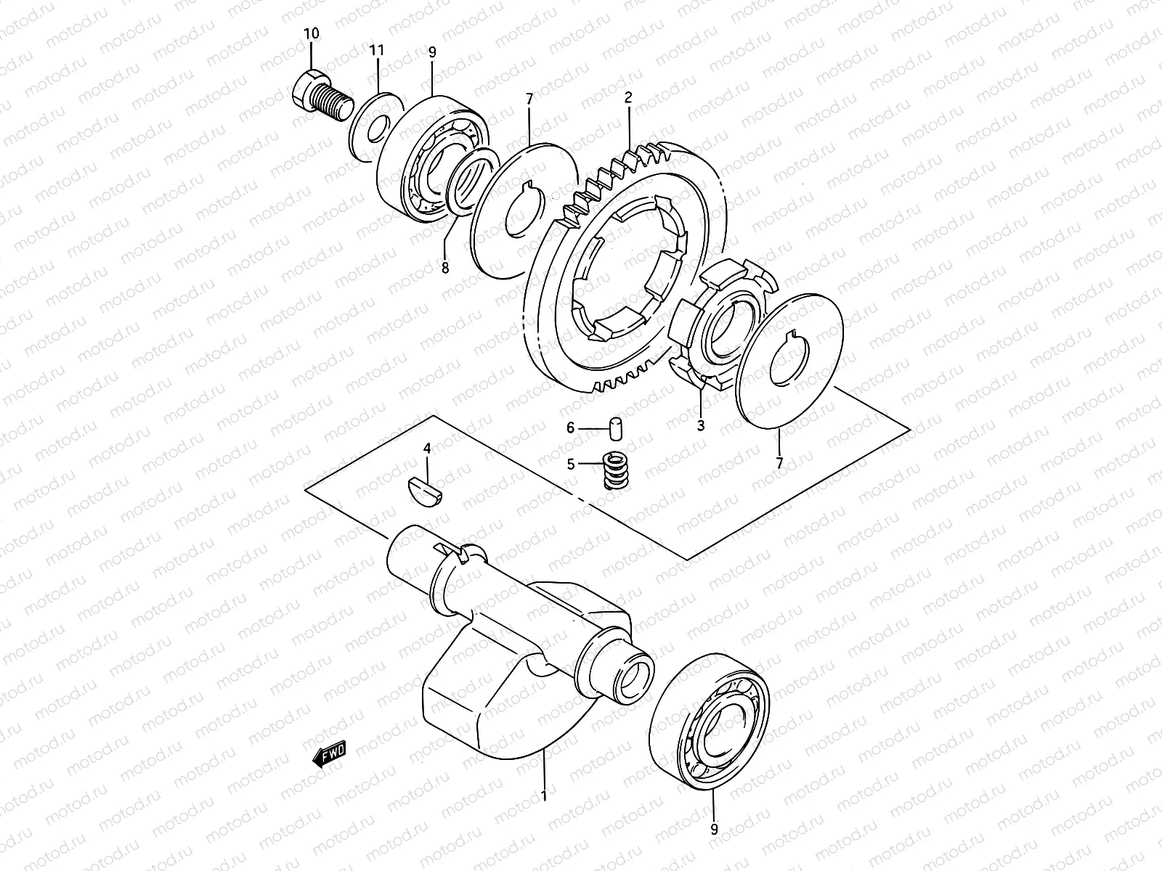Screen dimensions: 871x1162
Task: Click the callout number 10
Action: pyautogui.click(x=311, y=33)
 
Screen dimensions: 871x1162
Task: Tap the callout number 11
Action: pyautogui.click(x=376, y=50)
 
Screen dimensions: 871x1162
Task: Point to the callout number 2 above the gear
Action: pyautogui.click(x=628, y=97)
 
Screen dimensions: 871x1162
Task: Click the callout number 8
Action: pyautogui.click(x=445, y=268)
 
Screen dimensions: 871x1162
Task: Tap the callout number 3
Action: pyautogui.click(x=701, y=426)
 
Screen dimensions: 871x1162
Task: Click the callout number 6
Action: pyautogui.click(x=571, y=428)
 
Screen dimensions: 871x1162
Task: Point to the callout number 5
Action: pyautogui.click(x=571, y=464)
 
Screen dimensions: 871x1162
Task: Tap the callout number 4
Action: pyautogui.click(x=427, y=449)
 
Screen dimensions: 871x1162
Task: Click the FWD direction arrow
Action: pyautogui.click(x=330, y=753)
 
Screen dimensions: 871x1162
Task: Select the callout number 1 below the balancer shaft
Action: pyautogui.click(x=543, y=796)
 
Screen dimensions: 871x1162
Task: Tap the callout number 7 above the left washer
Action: pyautogui.click(x=529, y=98)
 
